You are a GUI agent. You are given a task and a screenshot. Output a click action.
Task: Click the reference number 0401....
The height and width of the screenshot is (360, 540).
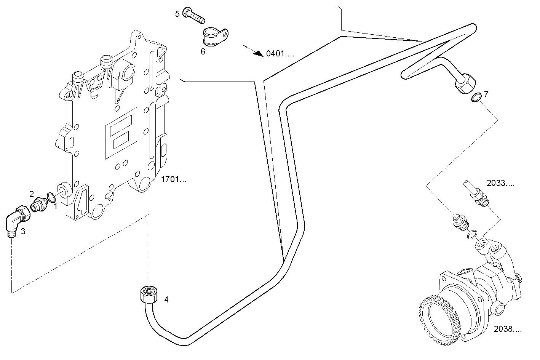(280, 54)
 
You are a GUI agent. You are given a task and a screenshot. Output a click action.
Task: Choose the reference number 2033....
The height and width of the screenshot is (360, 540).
(500, 184)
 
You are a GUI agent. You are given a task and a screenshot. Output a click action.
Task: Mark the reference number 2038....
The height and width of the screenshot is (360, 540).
(508, 328)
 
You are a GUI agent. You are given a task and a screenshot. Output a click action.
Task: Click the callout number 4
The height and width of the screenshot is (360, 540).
(166, 300)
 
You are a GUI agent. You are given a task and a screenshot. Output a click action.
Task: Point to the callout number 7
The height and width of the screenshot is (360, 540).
(486, 94)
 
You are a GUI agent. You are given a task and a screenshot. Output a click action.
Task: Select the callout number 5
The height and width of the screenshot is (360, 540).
(177, 14)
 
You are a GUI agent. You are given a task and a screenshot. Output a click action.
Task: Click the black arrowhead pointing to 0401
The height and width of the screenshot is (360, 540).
(259, 53)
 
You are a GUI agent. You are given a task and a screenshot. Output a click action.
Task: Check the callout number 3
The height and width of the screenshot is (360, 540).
(23, 232)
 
